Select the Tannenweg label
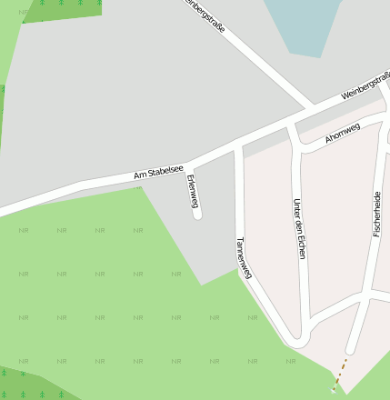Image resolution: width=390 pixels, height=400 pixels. [x=242, y=258]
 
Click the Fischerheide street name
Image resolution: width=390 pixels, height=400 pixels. [x=376, y=214]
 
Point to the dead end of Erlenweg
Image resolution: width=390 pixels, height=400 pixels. [x=197, y=215]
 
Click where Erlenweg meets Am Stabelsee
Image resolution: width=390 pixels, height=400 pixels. [x=188, y=166]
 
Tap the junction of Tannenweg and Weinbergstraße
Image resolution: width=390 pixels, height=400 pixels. [x=238, y=145]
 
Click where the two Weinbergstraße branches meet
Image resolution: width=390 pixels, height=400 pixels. [x=310, y=111]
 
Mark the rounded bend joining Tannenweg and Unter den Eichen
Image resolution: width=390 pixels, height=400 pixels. [x=299, y=339]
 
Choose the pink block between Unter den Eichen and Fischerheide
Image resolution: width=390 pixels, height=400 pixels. [x=338, y=227]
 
